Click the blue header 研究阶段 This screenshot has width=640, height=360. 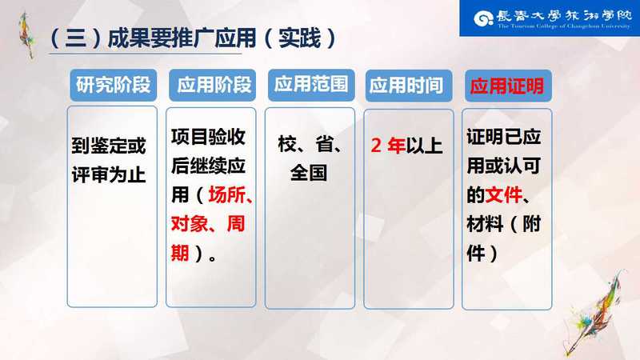(113, 85)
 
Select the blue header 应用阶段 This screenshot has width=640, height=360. (212, 85)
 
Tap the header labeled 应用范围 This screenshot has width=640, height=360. (311, 85)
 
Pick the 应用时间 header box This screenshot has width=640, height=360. (409, 86)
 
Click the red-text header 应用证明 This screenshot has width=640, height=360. (508, 86)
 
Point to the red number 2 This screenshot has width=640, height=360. (376, 146)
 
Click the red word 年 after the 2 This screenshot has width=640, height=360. (396, 146)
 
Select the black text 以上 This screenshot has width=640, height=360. (424, 146)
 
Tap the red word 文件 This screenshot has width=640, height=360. (504, 194)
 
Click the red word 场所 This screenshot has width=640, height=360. (227, 194)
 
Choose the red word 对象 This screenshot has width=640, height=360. (190, 224)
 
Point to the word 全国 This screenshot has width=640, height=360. (309, 173)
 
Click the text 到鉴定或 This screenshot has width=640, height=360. (109, 146)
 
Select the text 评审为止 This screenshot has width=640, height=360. (109, 175)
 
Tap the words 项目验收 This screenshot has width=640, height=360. (208, 137)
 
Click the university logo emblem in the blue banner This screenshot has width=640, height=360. (483, 18)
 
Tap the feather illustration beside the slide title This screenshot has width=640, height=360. (27, 35)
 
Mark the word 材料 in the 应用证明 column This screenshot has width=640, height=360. (486, 224)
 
